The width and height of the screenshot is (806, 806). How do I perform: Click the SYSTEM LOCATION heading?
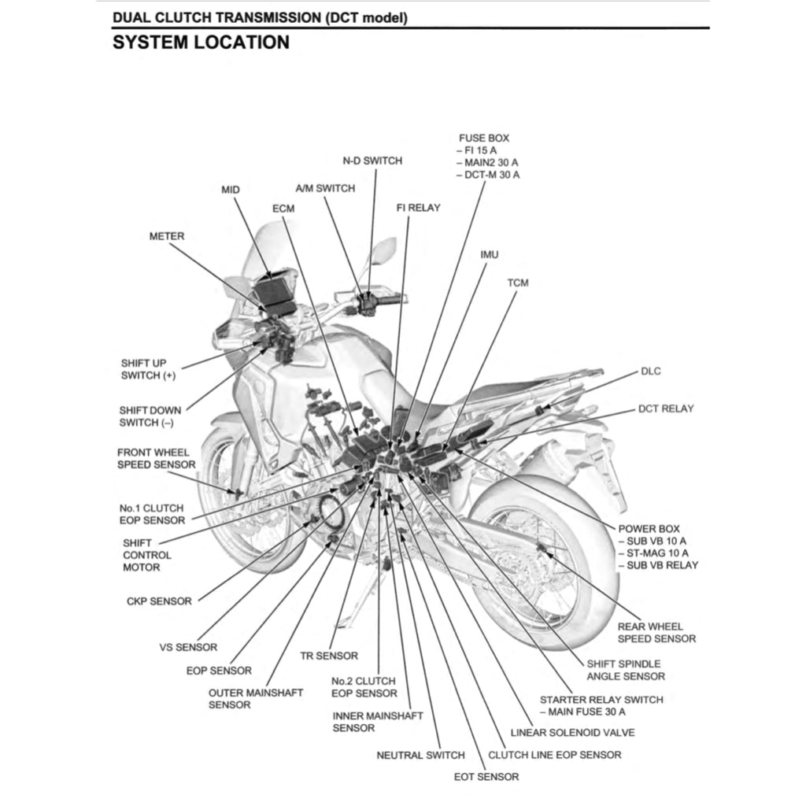point(201,43)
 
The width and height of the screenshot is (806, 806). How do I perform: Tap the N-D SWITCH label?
point(372,161)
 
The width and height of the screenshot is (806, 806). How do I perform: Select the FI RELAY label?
point(418,208)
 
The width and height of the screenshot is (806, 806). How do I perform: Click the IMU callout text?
point(489,255)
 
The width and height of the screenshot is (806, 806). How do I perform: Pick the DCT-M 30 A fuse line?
point(488,175)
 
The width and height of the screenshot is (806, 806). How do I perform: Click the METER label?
point(167,236)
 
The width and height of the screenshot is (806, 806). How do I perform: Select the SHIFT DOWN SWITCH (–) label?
point(150,416)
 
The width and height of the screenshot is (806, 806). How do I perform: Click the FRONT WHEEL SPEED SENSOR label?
point(156,459)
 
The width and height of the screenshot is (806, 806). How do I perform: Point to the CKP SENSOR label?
point(159,601)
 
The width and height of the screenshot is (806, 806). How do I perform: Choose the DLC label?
point(651,371)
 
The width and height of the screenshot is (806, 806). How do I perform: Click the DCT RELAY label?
point(665,409)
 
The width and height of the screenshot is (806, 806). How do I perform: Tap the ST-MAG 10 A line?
point(652,553)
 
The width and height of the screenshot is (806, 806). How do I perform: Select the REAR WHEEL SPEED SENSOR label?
point(656,633)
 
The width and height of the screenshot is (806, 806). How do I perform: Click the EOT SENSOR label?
point(486,777)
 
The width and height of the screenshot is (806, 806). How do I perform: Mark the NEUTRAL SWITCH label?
point(420,756)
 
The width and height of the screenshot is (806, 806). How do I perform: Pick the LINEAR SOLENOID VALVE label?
point(572,732)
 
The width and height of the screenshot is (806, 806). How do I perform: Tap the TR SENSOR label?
point(329,656)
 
